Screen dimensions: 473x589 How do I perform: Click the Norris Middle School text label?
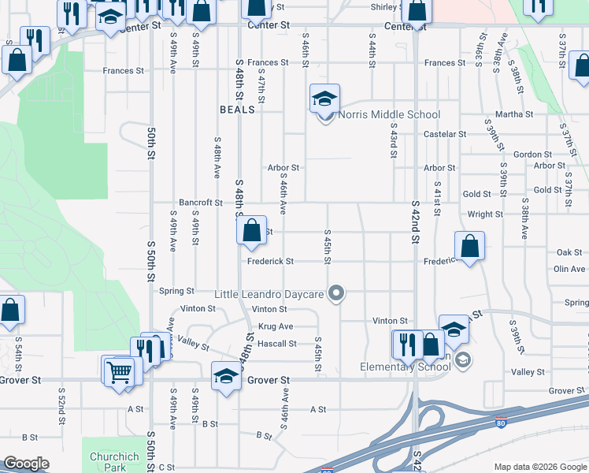tap(389, 115)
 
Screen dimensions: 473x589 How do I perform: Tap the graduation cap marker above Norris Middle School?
tap(324, 99)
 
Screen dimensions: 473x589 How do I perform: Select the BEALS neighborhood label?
tap(237, 110)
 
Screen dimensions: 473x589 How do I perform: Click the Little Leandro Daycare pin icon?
tap(336, 294)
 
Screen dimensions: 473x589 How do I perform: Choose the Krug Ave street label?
tap(275, 326)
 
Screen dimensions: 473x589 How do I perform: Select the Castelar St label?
tap(445, 135)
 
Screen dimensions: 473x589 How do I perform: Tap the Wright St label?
tap(485, 214)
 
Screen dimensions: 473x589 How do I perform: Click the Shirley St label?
tap(388, 7)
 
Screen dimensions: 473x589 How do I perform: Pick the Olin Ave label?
tap(569, 269)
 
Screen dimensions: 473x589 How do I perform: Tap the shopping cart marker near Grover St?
tap(118, 370)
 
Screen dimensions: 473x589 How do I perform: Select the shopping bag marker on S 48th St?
tap(251, 231)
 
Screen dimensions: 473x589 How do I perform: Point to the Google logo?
tap(26, 464)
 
